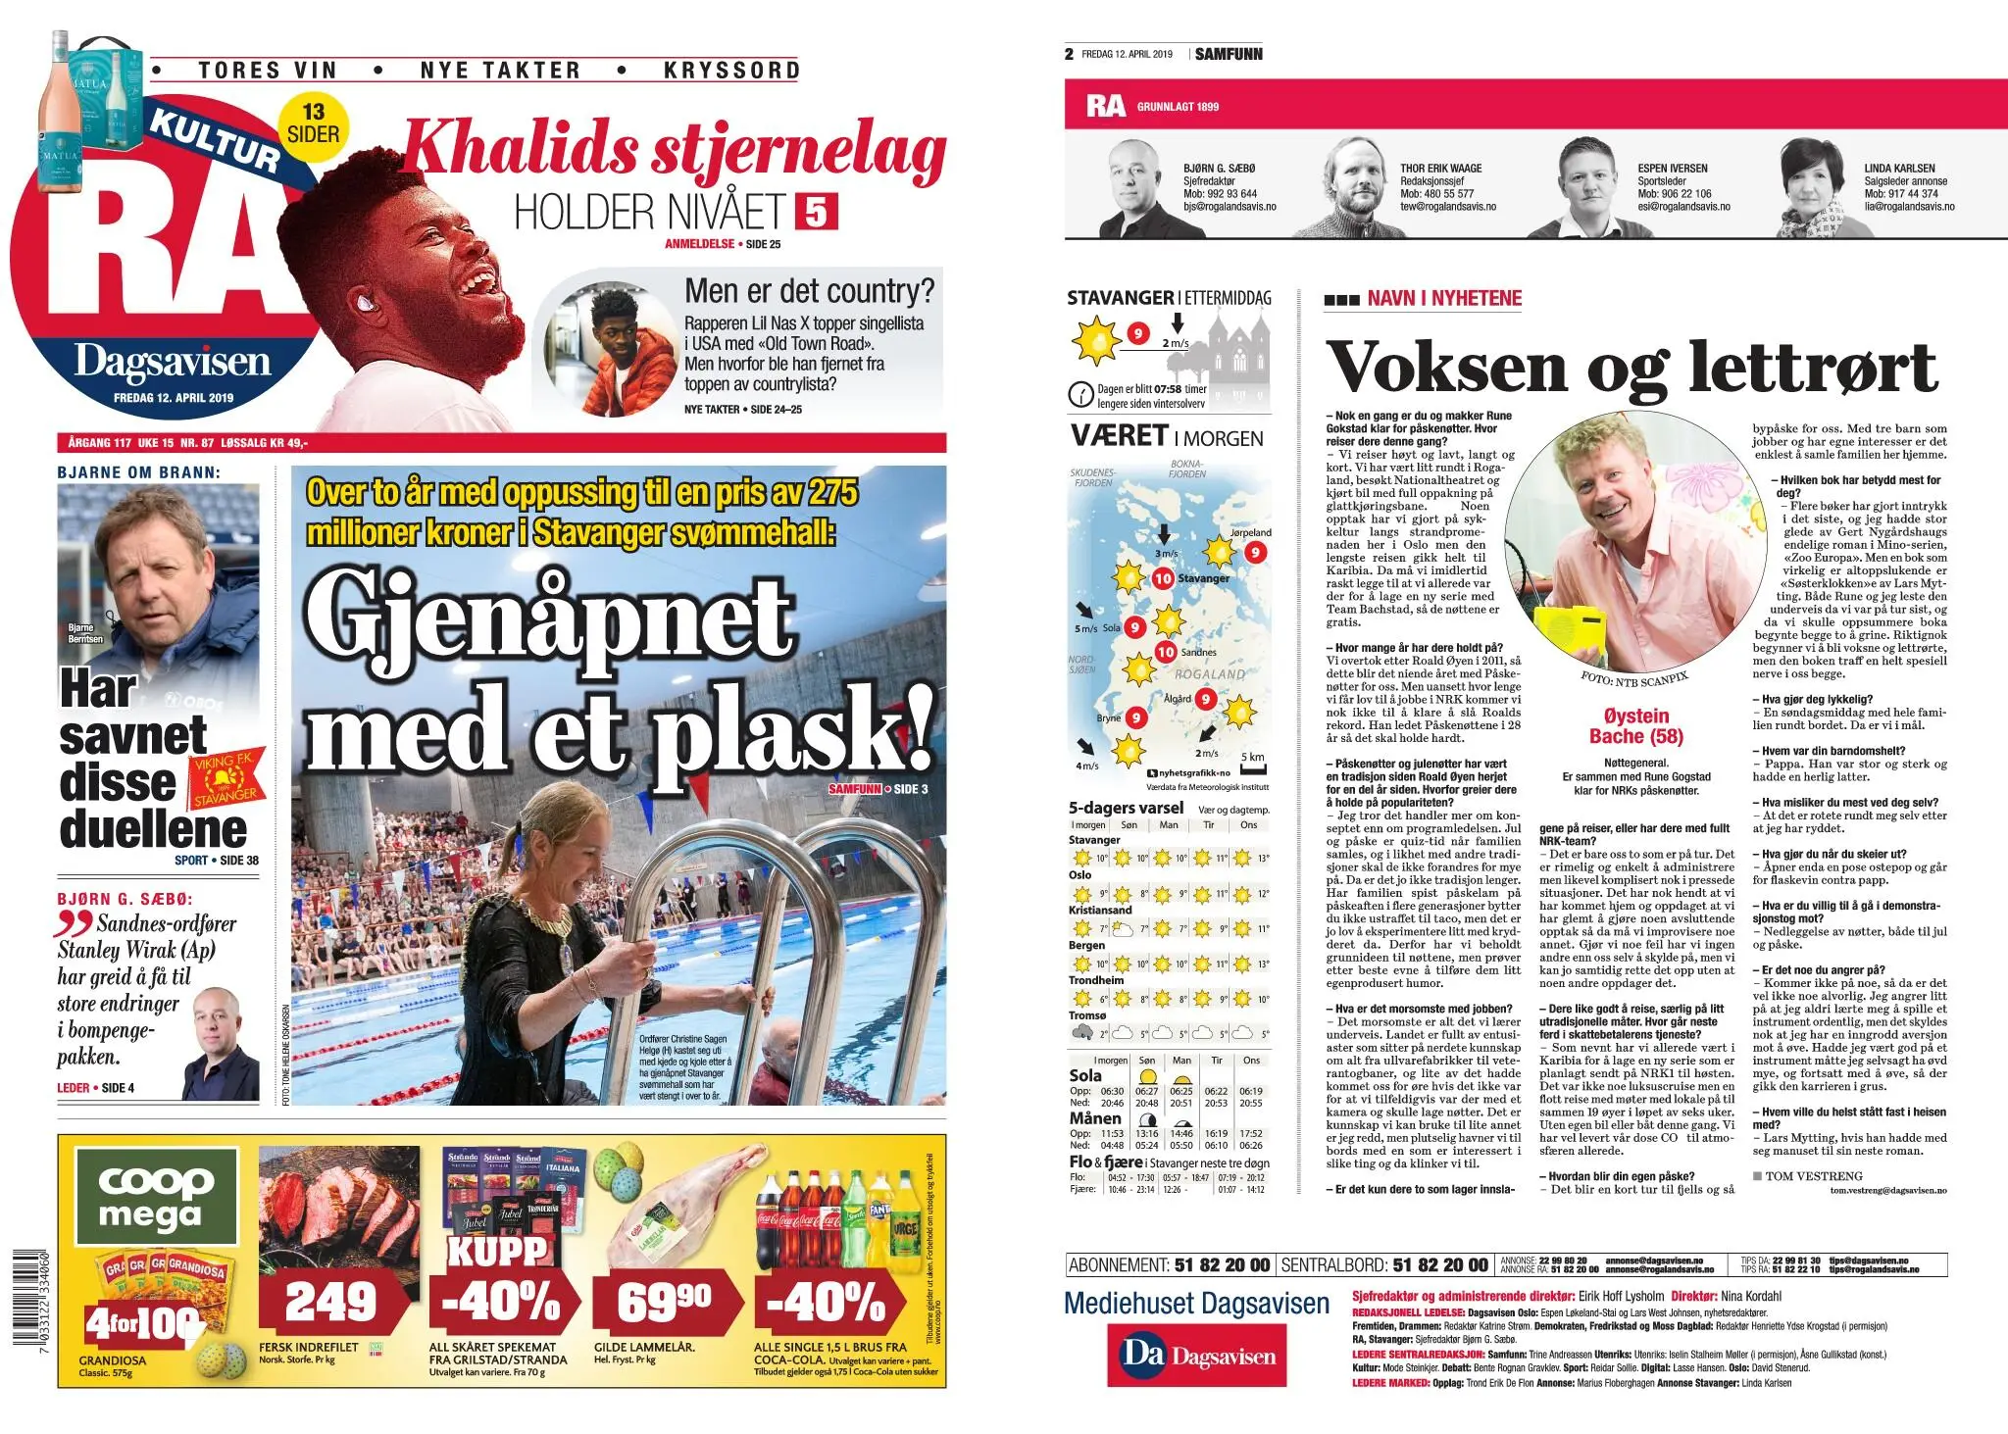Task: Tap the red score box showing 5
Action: pos(816,212)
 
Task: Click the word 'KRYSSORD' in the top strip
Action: pos(731,70)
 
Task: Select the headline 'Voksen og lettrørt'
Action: pos(1631,368)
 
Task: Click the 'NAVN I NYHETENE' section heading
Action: pos(1444,299)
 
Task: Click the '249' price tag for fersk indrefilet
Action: pos(330,1302)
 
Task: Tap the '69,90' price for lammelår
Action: pos(664,1302)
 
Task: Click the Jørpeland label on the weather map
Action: pos(1250,532)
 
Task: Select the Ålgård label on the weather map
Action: pos(1177,699)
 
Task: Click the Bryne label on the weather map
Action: pos(1108,718)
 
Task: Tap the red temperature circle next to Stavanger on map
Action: pos(1163,578)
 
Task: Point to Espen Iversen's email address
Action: pos(1683,207)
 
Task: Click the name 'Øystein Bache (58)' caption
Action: pos(1635,726)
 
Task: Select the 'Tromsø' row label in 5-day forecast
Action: pos(1087,1015)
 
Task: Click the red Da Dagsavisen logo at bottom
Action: pos(1196,1356)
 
